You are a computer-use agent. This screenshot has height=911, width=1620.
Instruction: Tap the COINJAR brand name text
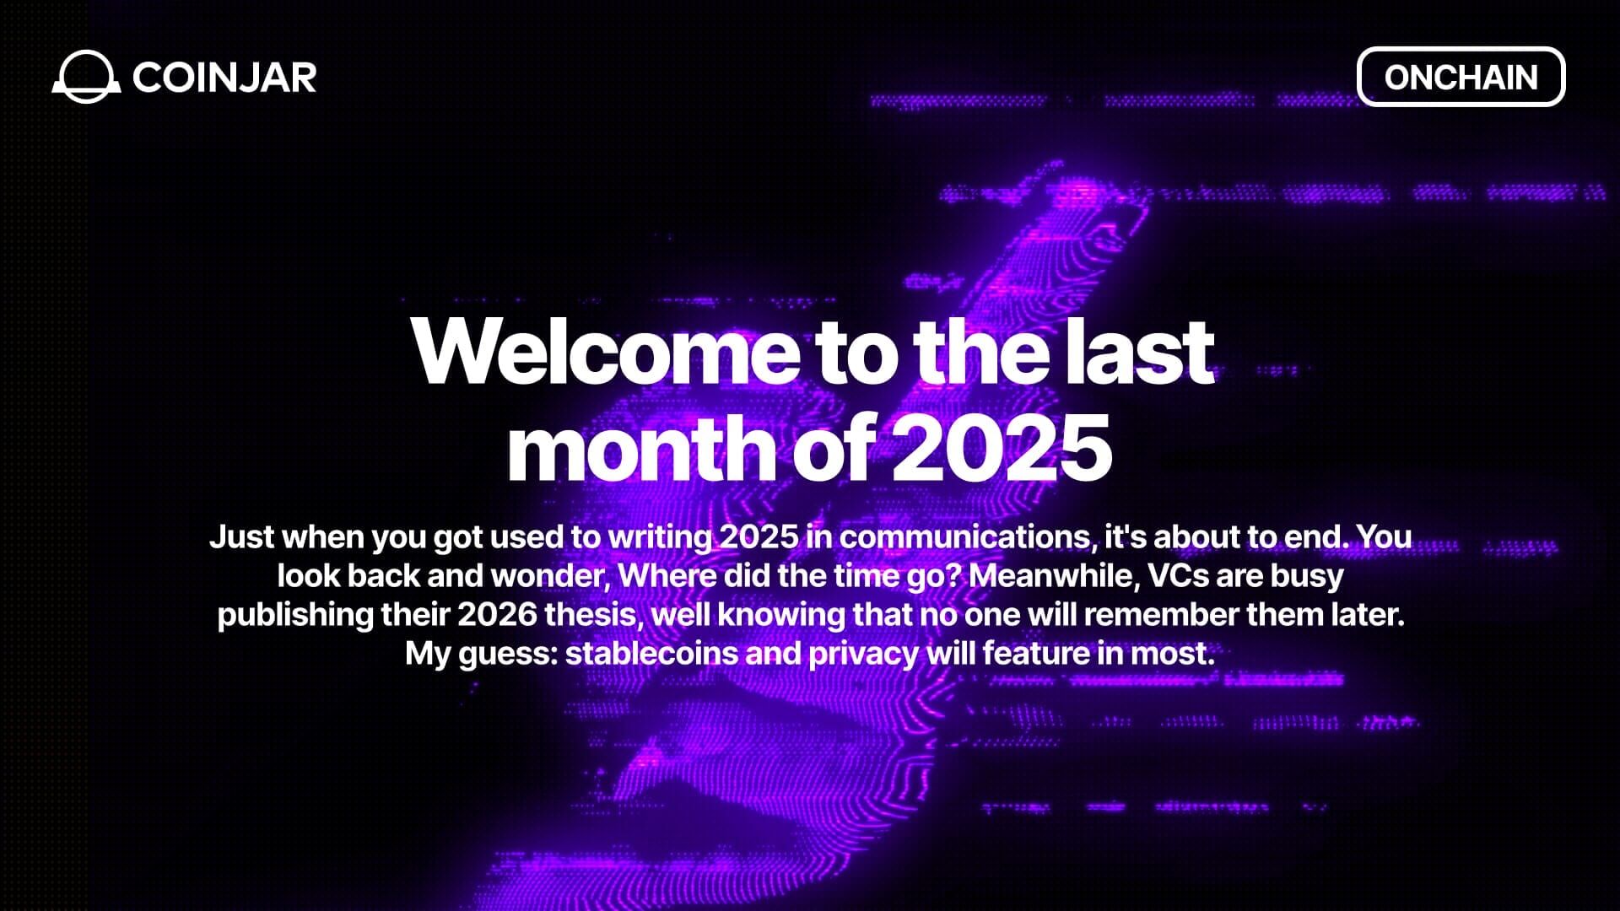tap(224, 78)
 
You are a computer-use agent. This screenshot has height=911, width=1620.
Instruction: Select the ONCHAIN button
tap(1461, 77)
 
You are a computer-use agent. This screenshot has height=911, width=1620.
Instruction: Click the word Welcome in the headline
tap(604, 351)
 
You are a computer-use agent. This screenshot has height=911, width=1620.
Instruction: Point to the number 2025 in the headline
tap(1001, 447)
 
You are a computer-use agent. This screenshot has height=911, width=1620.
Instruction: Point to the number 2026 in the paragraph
tap(497, 614)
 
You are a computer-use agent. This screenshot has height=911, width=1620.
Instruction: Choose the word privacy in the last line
tap(863, 653)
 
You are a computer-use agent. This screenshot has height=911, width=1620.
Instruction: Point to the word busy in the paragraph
tap(1307, 575)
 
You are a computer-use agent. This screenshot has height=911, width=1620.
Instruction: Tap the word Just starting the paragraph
tap(240, 536)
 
